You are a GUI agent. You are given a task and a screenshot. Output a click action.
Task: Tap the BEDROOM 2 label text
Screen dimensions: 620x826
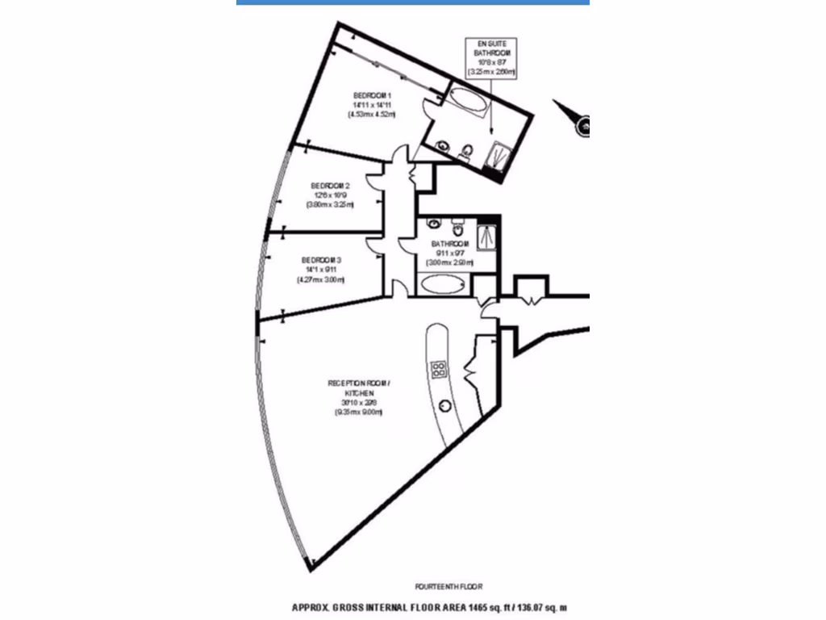pyautogui.click(x=330, y=185)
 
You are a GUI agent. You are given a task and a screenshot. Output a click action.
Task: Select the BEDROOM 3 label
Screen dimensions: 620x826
pyautogui.click(x=322, y=260)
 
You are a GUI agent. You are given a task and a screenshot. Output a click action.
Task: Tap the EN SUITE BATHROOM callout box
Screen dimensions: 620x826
pyautogui.click(x=491, y=57)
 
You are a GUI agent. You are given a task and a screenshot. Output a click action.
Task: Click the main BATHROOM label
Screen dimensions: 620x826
pyautogui.click(x=450, y=244)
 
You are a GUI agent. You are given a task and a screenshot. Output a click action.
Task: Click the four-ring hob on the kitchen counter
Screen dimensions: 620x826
pyautogui.click(x=440, y=370)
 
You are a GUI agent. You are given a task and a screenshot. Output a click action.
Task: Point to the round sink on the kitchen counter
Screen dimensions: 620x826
pyautogui.click(x=444, y=405)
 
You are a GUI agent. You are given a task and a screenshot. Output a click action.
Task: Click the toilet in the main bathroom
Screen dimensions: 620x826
pyautogui.click(x=457, y=220)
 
